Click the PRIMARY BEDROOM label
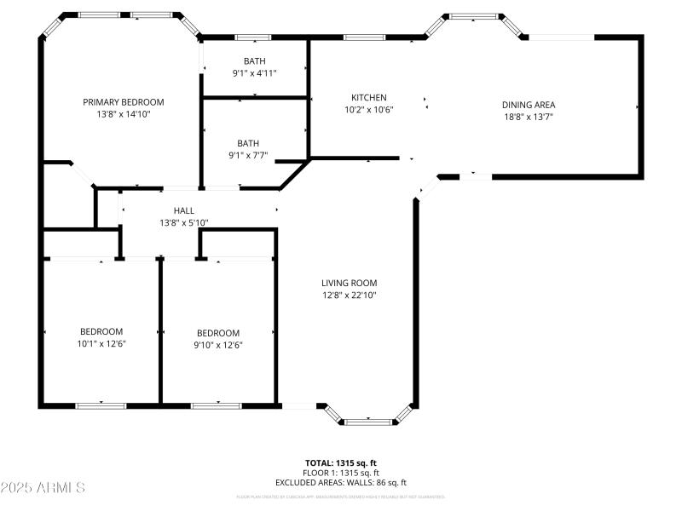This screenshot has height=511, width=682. click(123, 102)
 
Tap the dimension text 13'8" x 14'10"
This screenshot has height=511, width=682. click(123, 114)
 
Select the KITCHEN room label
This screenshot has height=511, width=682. click(369, 98)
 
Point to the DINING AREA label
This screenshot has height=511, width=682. click(528, 106)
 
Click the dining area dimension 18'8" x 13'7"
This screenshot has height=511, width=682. click(528, 118)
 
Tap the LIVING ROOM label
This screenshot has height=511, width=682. click(349, 284)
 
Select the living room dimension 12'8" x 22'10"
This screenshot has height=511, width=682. click(349, 296)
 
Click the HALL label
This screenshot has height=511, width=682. click(183, 211)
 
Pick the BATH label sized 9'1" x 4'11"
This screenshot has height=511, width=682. click(254, 61)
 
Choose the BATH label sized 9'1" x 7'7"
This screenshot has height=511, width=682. click(248, 144)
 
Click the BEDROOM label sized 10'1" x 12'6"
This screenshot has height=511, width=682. click(101, 332)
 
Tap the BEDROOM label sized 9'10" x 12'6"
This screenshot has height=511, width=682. click(218, 333)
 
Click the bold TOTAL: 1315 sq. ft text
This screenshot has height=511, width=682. click(340, 463)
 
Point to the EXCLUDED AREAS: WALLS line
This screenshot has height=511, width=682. click(340, 483)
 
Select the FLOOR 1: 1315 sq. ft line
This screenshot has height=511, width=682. click(340, 473)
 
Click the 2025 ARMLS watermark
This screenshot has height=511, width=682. click(43, 488)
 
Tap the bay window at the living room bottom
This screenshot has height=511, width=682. click(369, 420)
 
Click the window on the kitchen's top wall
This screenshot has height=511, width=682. click(364, 37)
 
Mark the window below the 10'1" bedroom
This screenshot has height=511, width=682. click(101, 405)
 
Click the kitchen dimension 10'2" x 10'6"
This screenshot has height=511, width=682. click(369, 110)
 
